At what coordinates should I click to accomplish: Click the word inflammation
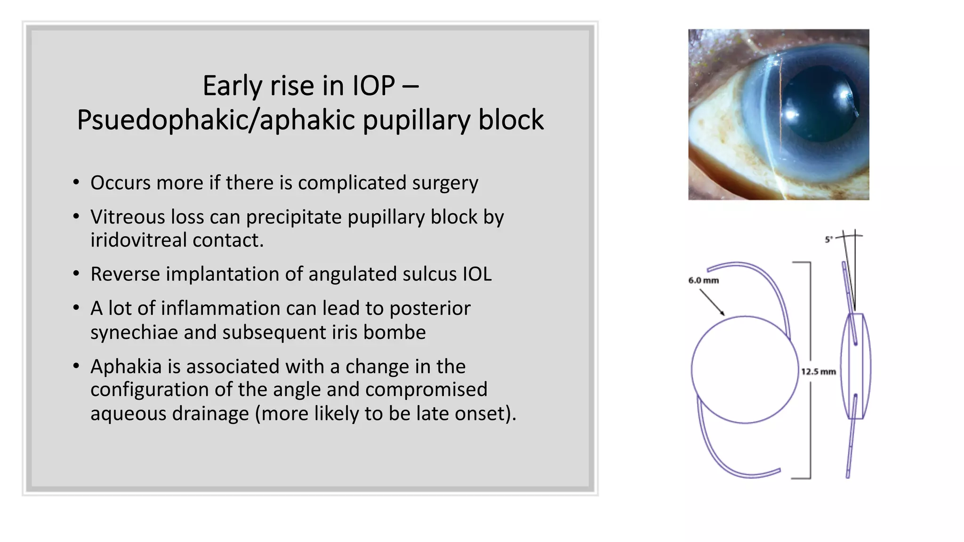pos(240,309)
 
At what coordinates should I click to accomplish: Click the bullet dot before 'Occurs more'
pos(76,183)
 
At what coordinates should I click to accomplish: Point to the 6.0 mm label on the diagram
pos(704,280)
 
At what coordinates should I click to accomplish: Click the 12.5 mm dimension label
pos(819,372)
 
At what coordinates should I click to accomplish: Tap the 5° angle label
pos(829,239)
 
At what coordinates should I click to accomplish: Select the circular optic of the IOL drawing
pos(745,370)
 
